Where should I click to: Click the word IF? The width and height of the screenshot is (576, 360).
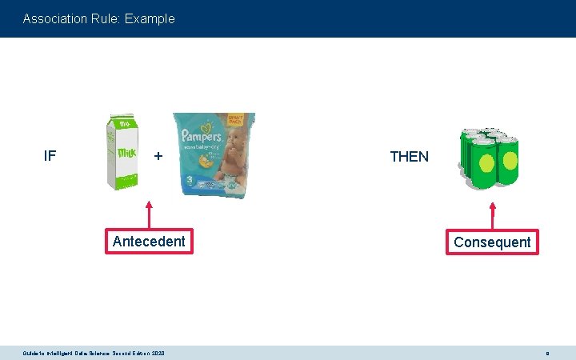(50, 155)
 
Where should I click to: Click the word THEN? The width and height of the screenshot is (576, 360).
(409, 157)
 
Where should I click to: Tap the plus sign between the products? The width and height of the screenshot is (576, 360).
(158, 156)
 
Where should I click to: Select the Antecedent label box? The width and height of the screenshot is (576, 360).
(149, 242)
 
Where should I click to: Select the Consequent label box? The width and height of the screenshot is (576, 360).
(492, 242)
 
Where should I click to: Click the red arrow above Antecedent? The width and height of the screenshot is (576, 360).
(149, 212)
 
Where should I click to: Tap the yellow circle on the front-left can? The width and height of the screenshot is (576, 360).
(484, 162)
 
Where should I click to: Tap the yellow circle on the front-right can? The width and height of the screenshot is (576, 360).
(509, 159)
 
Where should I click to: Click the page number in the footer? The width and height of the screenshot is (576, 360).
(546, 353)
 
